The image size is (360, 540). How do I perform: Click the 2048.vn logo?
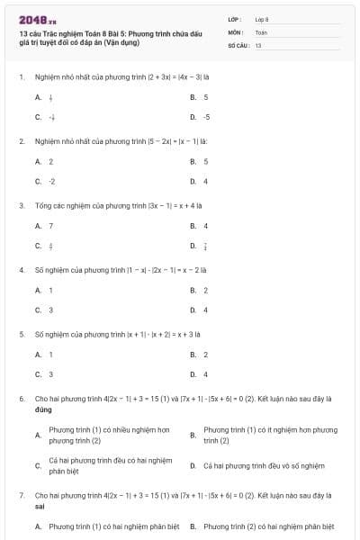[32, 19]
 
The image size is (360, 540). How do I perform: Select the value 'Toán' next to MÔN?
[261, 31]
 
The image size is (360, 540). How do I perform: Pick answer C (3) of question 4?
[44, 310]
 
